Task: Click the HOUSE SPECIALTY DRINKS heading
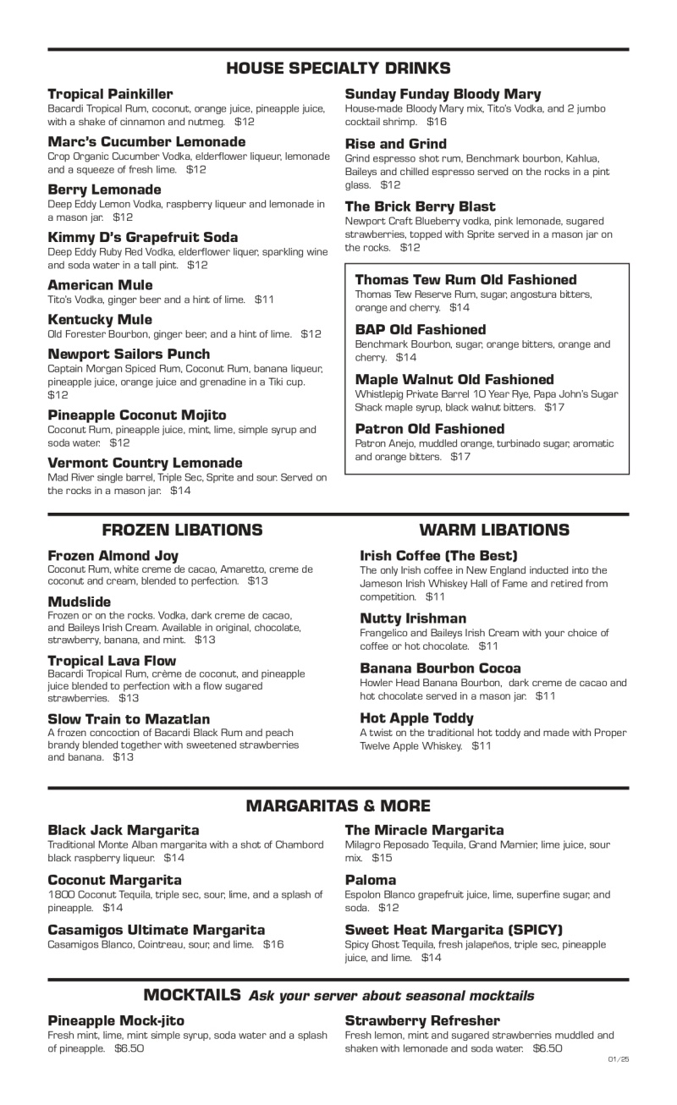pyautogui.click(x=338, y=69)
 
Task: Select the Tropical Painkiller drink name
pyautogui.click(x=110, y=94)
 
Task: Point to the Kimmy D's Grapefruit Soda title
pyautogui.click(x=142, y=237)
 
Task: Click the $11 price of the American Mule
pyautogui.click(x=265, y=300)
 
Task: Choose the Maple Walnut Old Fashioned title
pyautogui.click(x=454, y=379)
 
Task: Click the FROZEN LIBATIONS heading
pyautogui.click(x=182, y=531)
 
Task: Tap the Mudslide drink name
pyautogui.click(x=79, y=602)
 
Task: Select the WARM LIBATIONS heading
pyautogui.click(x=494, y=531)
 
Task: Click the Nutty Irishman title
pyautogui.click(x=413, y=618)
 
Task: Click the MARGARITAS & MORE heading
pyautogui.click(x=338, y=806)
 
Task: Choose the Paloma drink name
pyautogui.click(x=371, y=880)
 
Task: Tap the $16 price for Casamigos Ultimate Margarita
pyautogui.click(x=273, y=943)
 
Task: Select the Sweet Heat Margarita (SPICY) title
pyautogui.click(x=454, y=930)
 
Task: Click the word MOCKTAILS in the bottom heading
pyautogui.click(x=192, y=995)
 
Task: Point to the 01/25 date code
pyautogui.click(x=619, y=1058)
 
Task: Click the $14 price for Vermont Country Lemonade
pyautogui.click(x=180, y=490)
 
